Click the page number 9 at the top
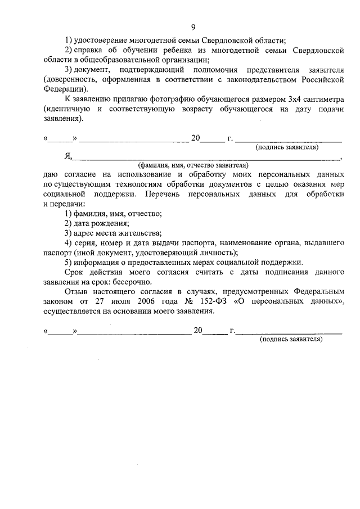pyautogui.click(x=193, y=26)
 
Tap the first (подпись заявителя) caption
pyautogui.click(x=287, y=147)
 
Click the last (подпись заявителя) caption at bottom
pyautogui.click(x=290, y=340)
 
